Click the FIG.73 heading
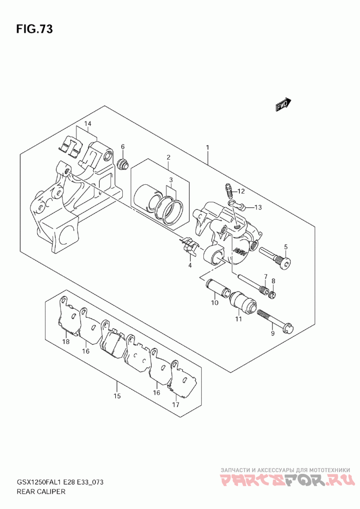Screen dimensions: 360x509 (35, 30)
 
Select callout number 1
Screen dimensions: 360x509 (207, 147)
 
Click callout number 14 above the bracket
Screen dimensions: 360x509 (87, 124)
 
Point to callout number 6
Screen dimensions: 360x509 (122, 147)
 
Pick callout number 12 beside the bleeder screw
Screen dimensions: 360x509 (241, 191)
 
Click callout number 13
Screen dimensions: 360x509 (257, 207)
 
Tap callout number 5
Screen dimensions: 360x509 (285, 246)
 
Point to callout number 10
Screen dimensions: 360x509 (214, 303)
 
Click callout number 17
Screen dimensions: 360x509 (175, 404)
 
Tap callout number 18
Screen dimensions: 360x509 (66, 342)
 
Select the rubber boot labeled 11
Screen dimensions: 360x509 (243, 303)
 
